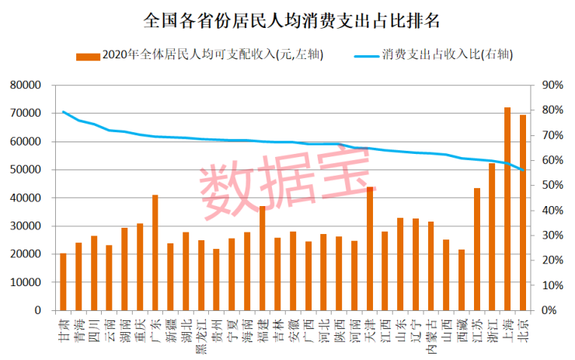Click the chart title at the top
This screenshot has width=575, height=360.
pyautogui.click(x=287, y=19)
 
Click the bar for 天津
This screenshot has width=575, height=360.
pyautogui.click(x=370, y=249)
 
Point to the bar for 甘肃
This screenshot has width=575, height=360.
pyautogui.click(x=63, y=281)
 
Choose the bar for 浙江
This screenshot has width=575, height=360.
pyautogui.click(x=492, y=236)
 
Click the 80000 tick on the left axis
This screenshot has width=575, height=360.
pyautogui.click(x=26, y=85)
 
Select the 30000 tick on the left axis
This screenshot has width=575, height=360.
pyautogui.click(x=26, y=226)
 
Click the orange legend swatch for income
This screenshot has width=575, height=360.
pyautogui.click(x=88, y=56)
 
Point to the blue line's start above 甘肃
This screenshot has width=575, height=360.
pyautogui.click(x=63, y=112)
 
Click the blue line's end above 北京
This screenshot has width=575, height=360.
pyautogui.click(x=523, y=170)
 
